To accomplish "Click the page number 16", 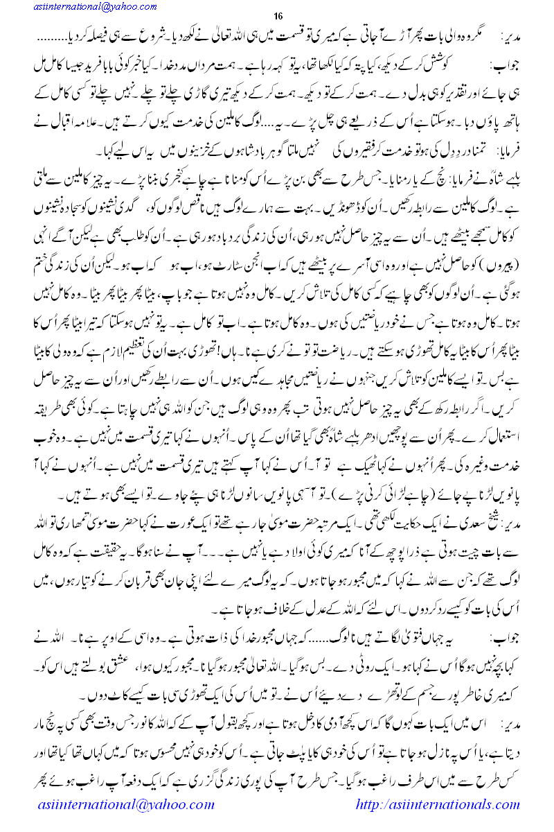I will [280, 17].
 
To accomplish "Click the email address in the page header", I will [88, 6].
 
